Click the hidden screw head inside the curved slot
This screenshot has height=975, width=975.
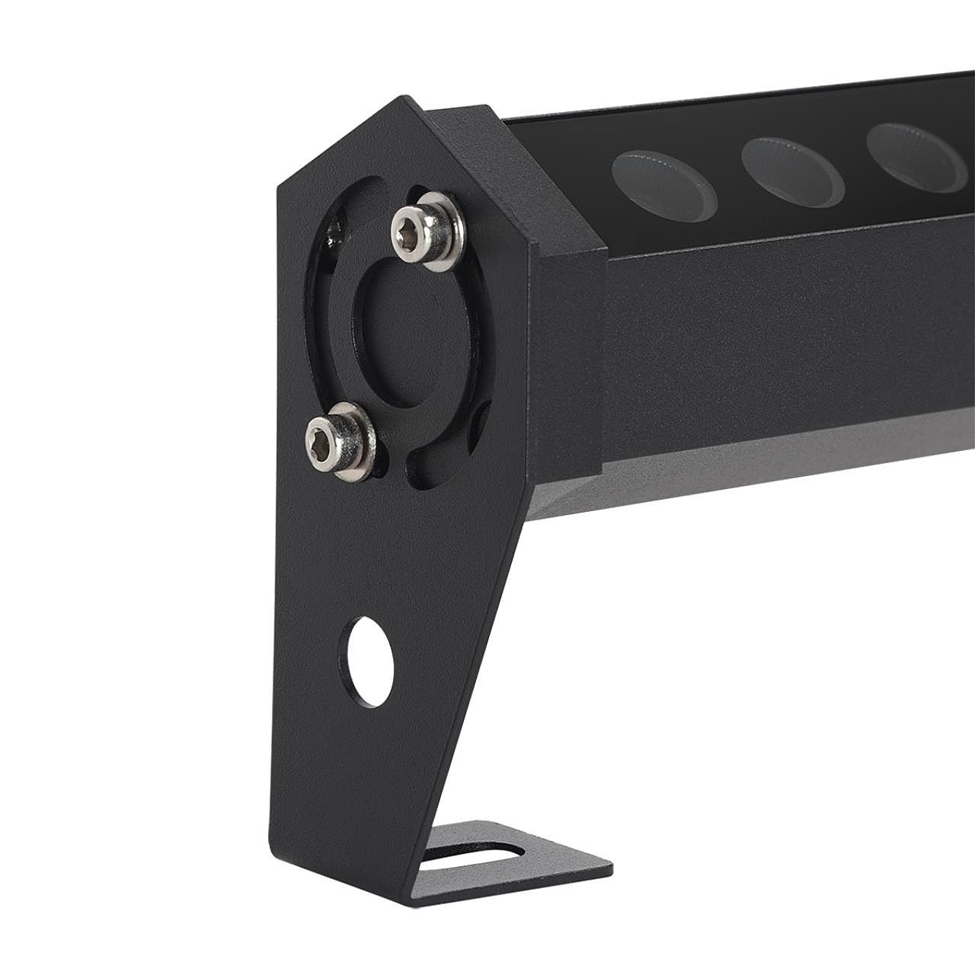pos(334,232)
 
